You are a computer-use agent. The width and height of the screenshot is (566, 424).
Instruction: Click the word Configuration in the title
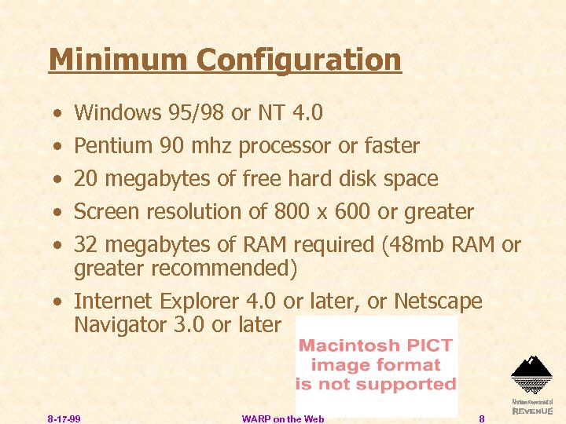click(300, 60)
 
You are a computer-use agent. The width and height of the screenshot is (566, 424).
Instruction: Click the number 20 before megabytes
click(86, 179)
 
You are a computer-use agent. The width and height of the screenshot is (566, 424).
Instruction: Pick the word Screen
click(108, 212)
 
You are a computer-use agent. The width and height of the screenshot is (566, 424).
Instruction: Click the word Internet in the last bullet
click(113, 302)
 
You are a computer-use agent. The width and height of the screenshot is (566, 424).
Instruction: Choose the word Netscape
click(438, 302)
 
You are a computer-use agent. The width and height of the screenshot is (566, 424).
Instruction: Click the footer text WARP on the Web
click(283, 419)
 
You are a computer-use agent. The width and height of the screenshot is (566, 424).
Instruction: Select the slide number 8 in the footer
click(481, 419)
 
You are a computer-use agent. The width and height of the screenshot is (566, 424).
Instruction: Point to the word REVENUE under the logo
click(532, 411)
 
